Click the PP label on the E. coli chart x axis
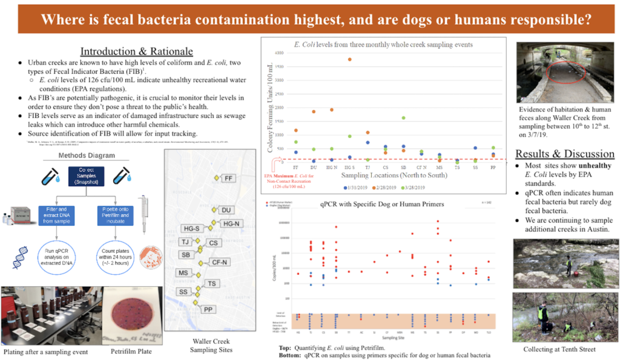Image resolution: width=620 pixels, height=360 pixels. (493, 166)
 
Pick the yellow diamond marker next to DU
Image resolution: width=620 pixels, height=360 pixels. (213, 210)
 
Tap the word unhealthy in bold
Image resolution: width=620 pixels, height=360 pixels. (579, 165)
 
